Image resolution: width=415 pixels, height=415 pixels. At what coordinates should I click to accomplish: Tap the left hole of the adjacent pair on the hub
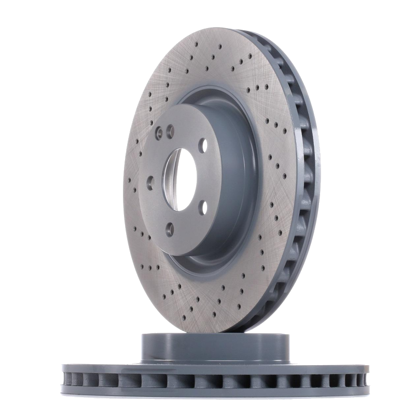tap(160, 133)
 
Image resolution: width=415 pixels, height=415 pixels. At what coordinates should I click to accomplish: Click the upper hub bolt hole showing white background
tap(203, 146)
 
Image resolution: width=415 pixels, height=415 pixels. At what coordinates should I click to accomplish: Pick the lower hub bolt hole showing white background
tap(203, 208)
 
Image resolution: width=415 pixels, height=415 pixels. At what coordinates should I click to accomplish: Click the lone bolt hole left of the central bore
tap(150, 183)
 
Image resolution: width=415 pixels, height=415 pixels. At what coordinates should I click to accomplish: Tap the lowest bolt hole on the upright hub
tap(170, 229)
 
